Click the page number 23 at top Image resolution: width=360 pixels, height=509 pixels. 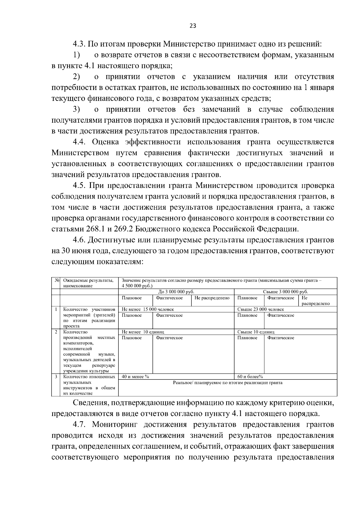(x=193, y=26)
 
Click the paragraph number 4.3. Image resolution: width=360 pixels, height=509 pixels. (x=80, y=44)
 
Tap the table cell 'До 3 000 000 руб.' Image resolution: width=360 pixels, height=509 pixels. (x=176, y=292)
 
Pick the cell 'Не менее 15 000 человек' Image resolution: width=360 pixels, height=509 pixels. (x=148, y=309)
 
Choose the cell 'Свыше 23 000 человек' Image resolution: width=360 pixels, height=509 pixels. (x=260, y=309)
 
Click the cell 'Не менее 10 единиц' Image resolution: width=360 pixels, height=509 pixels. (x=143, y=332)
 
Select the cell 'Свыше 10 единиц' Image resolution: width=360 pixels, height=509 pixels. (x=256, y=332)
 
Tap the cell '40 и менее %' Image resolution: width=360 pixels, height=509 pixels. (x=135, y=377)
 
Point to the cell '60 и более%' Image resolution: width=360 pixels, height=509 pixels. (x=250, y=377)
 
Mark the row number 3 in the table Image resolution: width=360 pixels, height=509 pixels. (x=56, y=377)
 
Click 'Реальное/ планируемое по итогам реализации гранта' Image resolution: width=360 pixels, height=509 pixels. (x=228, y=383)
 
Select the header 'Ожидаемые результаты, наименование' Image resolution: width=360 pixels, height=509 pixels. (x=88, y=283)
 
